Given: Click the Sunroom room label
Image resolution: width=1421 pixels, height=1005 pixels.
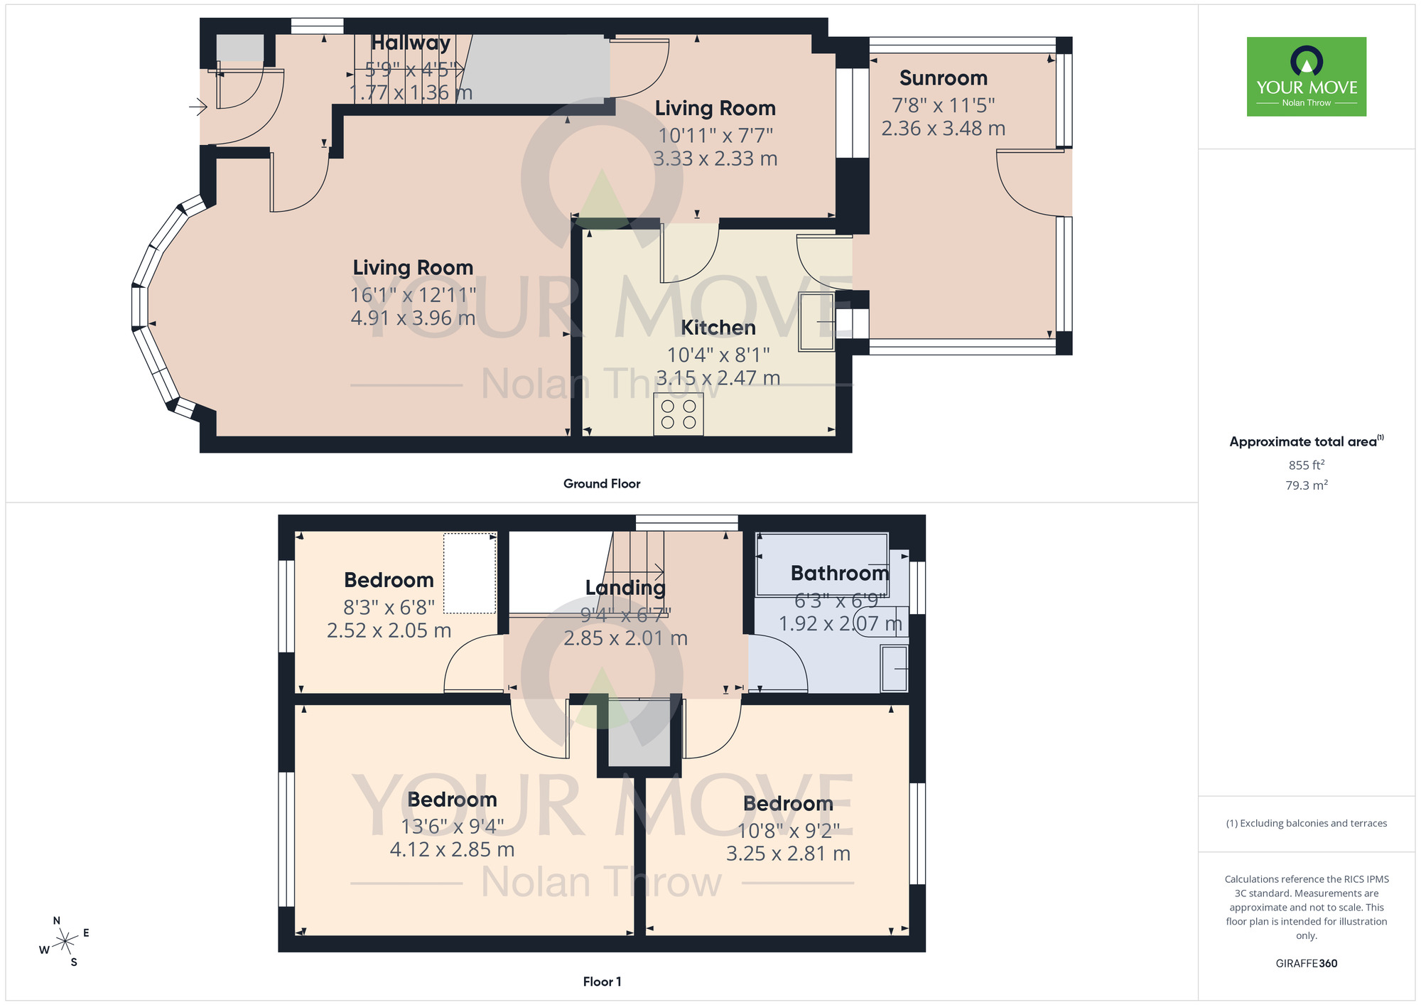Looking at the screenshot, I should coord(943,78).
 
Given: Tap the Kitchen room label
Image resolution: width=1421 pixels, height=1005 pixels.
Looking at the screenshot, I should coord(718,328).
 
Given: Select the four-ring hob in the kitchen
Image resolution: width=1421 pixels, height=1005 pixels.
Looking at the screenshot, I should coord(679,414).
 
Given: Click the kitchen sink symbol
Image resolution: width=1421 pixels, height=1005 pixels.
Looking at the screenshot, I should coord(816,321).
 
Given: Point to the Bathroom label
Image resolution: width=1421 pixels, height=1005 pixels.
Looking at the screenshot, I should coord(839,573).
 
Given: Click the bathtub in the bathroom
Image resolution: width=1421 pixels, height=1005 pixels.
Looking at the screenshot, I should coord(822,565).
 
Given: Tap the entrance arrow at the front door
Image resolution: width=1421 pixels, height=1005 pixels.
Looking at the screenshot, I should coord(198,107).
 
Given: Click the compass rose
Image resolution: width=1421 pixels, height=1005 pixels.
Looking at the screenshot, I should coord(65,942).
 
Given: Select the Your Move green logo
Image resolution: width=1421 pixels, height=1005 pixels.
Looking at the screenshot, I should coord(1306,77).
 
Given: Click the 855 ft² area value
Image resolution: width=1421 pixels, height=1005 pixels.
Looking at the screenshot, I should coord(1306,465).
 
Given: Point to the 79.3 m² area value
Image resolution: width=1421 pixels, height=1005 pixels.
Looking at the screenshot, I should coord(1306,485).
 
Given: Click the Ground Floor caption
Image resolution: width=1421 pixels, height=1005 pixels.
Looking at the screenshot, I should coord(601,484).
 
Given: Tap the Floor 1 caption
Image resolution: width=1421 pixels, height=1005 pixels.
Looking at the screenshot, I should coord(601,982).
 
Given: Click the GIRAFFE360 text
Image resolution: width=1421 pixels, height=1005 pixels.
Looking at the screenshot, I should coord(1306,964).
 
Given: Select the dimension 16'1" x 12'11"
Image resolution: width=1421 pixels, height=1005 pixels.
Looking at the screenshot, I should coord(413,295).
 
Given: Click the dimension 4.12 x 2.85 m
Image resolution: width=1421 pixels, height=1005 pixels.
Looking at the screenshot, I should coord(452,849).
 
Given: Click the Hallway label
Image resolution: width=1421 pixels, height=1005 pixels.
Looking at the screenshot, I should coord(411,43).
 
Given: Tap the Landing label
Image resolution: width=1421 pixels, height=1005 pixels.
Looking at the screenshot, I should coord(625,588).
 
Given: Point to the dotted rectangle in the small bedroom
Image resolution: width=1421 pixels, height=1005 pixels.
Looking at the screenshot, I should coord(470,573).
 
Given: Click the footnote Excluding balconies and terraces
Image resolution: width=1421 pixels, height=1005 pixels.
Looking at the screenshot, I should coord(1306,823).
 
